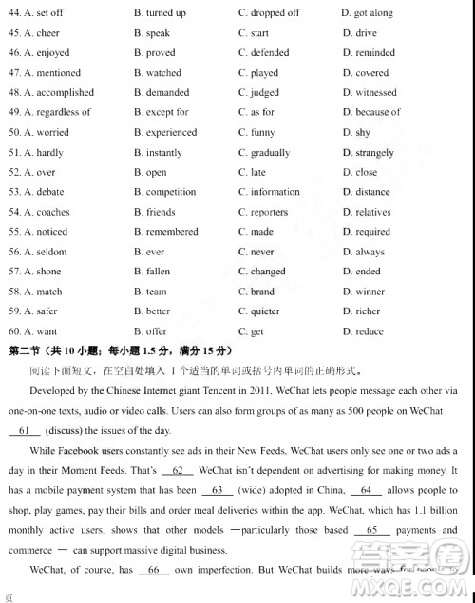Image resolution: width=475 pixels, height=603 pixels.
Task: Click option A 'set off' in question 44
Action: click(x=49, y=13)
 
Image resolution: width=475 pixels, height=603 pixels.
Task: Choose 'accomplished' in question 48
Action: click(x=65, y=93)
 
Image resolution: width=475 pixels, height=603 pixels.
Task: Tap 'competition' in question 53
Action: click(x=171, y=193)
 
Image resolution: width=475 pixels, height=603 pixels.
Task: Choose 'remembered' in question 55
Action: click(x=172, y=232)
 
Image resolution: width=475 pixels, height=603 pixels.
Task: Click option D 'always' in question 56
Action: click(x=370, y=253)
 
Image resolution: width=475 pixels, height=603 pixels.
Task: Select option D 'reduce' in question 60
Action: click(x=370, y=331)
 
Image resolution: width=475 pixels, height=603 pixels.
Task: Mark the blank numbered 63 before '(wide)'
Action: click(x=218, y=490)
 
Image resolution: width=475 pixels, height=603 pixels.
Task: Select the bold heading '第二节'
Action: click(x=26, y=351)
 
